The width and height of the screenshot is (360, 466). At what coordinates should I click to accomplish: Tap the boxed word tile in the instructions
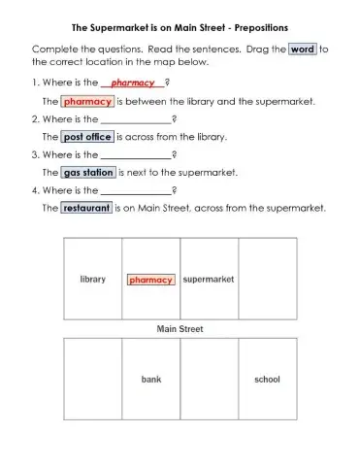click(303, 48)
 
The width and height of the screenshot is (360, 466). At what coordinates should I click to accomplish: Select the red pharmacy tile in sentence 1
click(87, 101)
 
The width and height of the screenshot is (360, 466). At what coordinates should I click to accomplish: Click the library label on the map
click(92, 280)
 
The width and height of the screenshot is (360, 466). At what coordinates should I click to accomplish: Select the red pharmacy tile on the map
click(150, 280)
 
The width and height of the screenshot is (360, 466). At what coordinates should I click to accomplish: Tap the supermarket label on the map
click(209, 280)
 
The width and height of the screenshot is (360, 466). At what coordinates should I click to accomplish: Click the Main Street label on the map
click(180, 329)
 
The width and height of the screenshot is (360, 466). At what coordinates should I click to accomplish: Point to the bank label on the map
click(150, 379)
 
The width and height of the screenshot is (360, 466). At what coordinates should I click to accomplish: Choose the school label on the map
click(267, 379)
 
